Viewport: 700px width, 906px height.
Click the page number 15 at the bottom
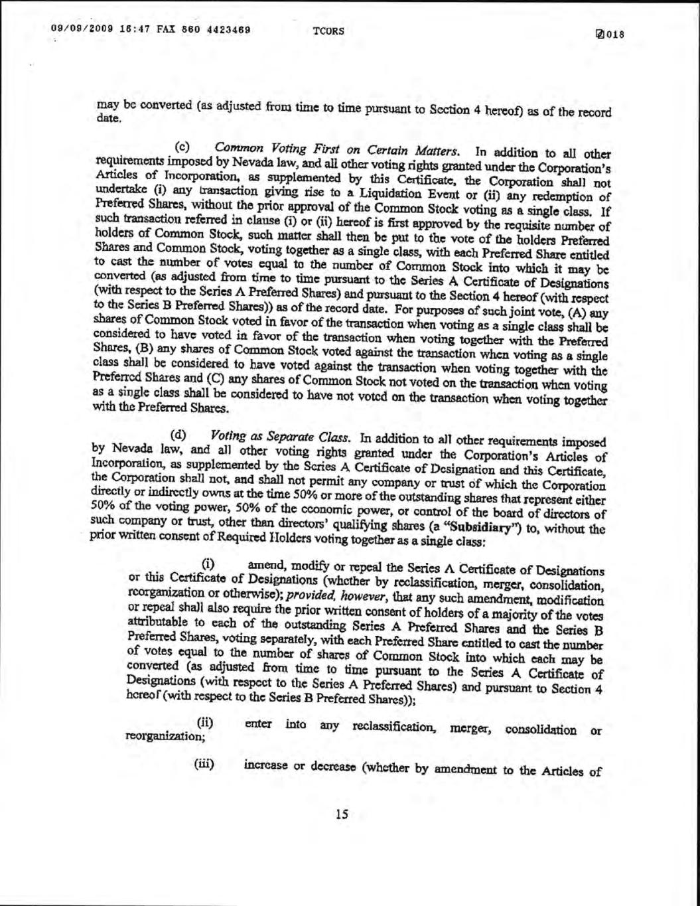point(342,815)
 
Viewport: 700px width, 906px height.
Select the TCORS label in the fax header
point(325,31)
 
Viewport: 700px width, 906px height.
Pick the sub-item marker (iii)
point(203,764)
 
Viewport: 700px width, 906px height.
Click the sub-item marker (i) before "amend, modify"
point(208,565)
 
